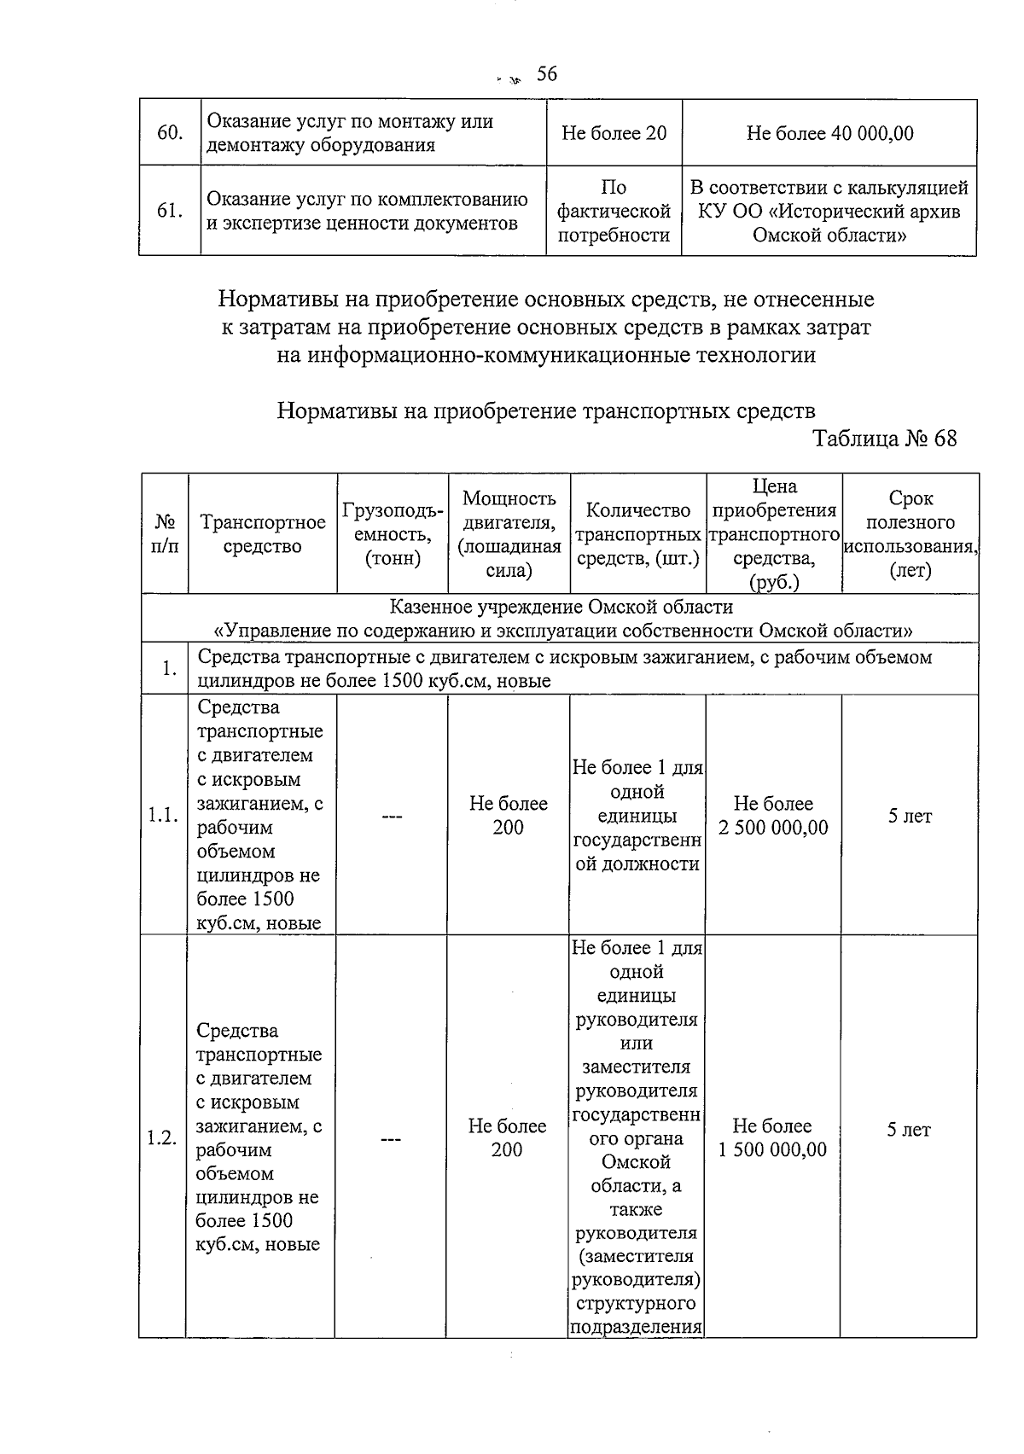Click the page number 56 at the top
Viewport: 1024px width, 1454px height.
coord(546,74)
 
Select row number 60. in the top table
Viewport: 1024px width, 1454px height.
coord(170,133)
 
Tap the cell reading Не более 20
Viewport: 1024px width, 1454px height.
coord(614,133)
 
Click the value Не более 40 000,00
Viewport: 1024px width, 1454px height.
coord(829,133)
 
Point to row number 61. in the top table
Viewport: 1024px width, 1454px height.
coord(170,211)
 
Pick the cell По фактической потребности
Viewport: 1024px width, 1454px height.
coord(614,211)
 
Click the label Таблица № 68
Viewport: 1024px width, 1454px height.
coord(884,439)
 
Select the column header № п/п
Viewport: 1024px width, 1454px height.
coord(165,534)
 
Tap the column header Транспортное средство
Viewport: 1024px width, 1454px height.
coord(262,534)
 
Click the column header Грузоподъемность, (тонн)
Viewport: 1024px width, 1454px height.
coord(393,534)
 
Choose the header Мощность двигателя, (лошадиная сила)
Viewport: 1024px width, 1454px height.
coord(509,534)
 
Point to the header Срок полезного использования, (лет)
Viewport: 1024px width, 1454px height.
coord(910,534)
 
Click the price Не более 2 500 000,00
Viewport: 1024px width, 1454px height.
coord(773,816)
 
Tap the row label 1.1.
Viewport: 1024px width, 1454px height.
coord(163,816)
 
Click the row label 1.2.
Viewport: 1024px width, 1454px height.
coord(161,1137)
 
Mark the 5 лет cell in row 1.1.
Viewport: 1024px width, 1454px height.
coord(910,816)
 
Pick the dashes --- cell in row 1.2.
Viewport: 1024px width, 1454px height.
coord(391,1138)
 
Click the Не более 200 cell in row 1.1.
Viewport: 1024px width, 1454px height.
coord(509,816)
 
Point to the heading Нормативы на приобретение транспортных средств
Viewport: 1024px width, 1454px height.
coord(546,411)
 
